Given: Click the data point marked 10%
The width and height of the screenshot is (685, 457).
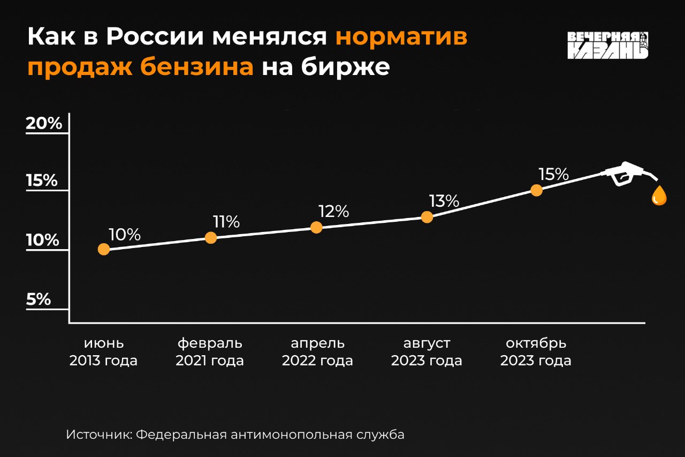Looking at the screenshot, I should point(104,249).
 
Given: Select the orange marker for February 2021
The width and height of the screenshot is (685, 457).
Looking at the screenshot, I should point(211,237).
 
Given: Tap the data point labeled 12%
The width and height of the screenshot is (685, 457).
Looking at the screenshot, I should point(316,227).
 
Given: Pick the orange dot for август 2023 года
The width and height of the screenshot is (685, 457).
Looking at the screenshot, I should point(427,217).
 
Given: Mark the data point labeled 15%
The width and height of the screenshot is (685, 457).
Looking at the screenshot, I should point(536,190).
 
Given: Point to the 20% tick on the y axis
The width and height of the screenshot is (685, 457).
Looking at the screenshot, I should point(44,124).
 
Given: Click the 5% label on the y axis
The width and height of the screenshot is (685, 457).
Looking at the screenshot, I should point(39,299).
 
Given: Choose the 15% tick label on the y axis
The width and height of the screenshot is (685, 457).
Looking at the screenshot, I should point(42,181).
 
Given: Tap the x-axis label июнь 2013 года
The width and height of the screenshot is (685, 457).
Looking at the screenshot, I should point(103,351).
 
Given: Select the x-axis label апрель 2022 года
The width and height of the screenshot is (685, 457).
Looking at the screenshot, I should point(317,351).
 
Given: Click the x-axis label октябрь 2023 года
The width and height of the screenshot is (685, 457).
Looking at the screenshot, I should point(536,351).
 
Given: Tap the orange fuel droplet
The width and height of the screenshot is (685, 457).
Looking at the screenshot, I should point(659,196).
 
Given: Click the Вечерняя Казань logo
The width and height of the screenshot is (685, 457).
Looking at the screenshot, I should point(607,46).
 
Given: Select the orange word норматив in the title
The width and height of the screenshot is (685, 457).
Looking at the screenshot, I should point(401,37).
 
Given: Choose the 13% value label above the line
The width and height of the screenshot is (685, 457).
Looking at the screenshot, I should point(444,201).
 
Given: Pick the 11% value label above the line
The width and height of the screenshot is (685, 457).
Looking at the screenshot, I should point(226,222).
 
